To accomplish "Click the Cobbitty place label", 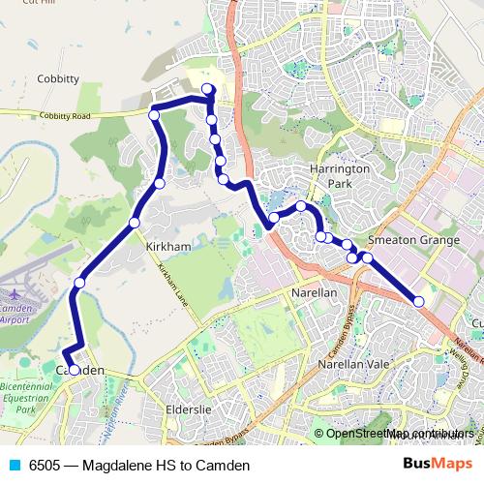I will click(x=57, y=79).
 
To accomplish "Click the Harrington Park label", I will click(x=339, y=175).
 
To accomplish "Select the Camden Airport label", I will click(x=15, y=313).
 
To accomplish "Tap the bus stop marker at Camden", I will click(x=74, y=370).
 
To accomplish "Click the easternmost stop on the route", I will click(x=419, y=302).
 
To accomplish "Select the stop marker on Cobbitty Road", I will click(x=153, y=115).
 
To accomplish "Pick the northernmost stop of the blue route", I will click(x=207, y=91).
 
